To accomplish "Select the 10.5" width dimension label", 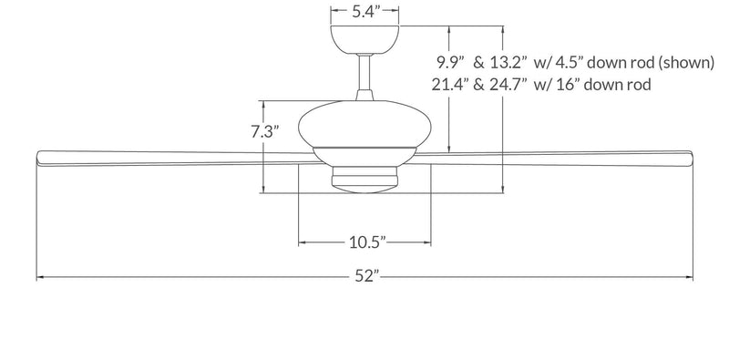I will tap(364, 242).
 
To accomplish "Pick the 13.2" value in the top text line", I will tap(507, 63).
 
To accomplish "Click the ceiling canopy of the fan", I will tap(364, 39).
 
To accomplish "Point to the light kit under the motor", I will tap(364, 177).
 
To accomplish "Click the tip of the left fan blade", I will tap(38, 157).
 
